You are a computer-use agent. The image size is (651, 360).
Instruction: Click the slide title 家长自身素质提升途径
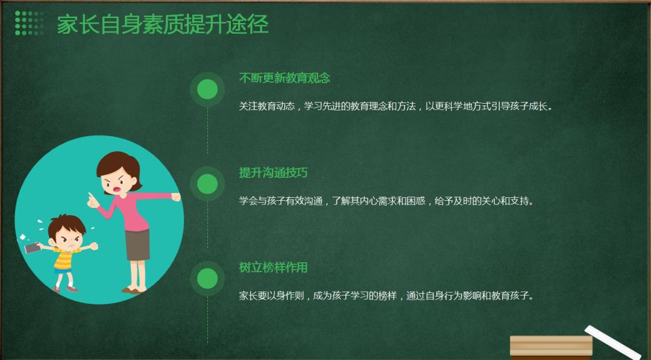point(163,25)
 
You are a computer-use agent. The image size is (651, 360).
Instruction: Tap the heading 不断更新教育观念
point(285,78)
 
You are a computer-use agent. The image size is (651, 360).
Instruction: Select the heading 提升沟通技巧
point(273,172)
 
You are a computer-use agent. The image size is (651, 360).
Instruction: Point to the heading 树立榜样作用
point(273,267)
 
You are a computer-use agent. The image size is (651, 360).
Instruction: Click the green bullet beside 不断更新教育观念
point(207,89)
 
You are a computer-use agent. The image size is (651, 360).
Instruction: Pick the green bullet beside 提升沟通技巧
point(207,184)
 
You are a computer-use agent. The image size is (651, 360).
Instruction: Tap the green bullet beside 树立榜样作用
point(207,279)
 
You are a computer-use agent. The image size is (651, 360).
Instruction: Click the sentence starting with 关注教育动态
point(397,106)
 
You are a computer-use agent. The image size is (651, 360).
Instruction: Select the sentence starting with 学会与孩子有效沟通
point(387,201)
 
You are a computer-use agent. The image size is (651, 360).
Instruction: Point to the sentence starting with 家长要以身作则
point(387,295)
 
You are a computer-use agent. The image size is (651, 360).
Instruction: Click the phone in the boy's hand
point(31,248)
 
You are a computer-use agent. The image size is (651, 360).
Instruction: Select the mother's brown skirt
point(137,245)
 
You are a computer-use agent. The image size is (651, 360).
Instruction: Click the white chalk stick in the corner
point(612,342)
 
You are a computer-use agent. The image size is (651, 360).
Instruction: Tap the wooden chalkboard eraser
point(552,347)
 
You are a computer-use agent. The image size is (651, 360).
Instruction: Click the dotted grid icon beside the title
point(29,24)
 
